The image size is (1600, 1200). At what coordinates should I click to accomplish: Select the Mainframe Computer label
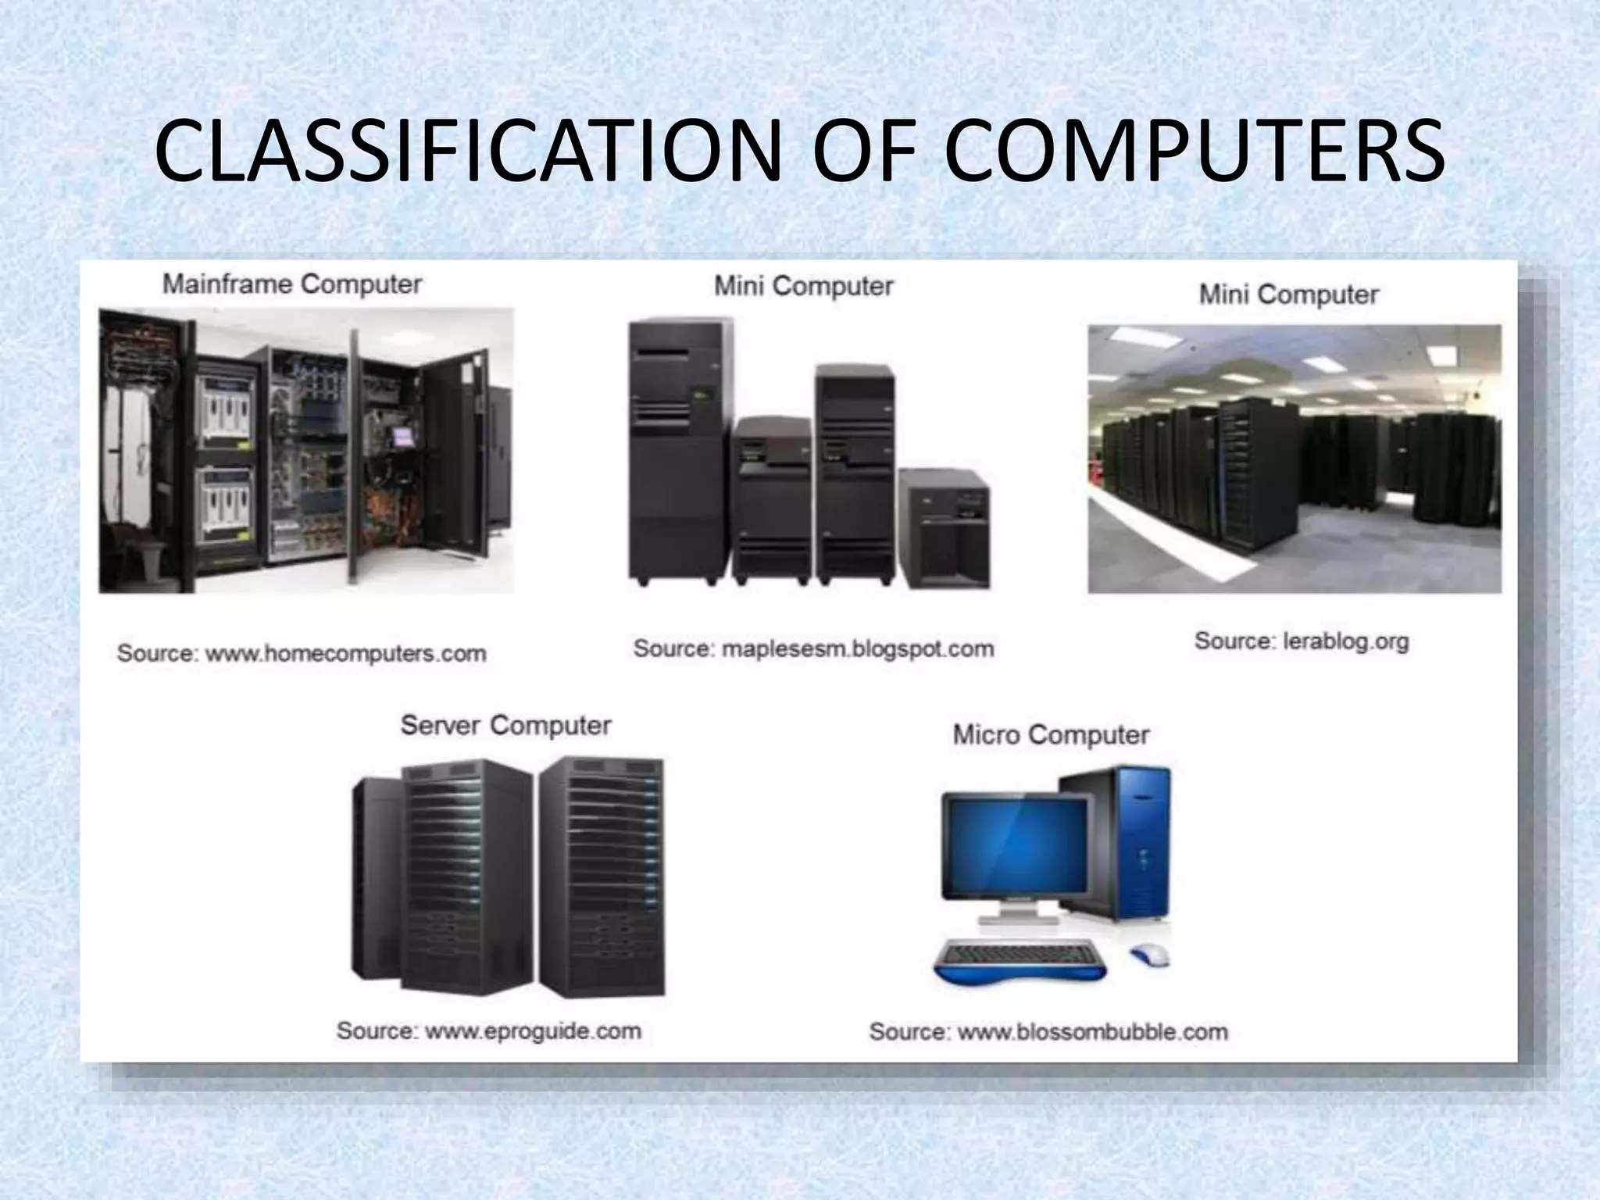[x=292, y=284]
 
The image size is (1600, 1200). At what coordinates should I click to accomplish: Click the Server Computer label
[x=505, y=726]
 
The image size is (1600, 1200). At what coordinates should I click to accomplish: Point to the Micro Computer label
[x=1051, y=735]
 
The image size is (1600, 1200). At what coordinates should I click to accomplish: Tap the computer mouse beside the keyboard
[x=1149, y=953]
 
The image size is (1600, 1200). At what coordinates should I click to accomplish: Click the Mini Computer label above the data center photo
[x=1288, y=295]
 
